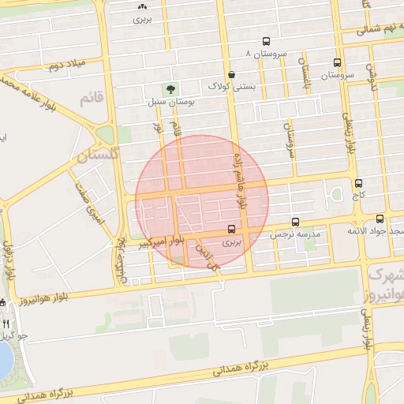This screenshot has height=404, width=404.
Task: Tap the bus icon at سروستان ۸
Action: click(x=265, y=42)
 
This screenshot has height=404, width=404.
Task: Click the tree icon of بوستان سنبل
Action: click(x=169, y=88)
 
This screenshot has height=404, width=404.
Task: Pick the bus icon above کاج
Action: click(x=359, y=182)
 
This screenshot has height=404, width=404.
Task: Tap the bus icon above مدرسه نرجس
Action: click(x=295, y=223)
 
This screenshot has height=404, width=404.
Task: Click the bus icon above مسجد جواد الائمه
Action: click(x=380, y=219)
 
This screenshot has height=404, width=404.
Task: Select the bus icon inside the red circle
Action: click(x=230, y=230)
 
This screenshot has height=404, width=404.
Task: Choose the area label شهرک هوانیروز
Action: click(x=386, y=284)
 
